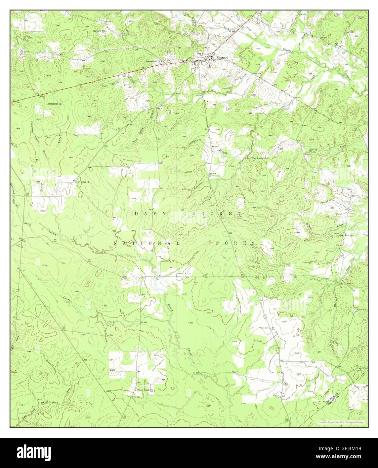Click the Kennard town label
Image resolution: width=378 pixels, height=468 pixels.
tap(222, 58)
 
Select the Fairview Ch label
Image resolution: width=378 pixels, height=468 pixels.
tap(99, 31)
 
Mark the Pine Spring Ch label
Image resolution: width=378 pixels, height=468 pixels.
tap(259, 158)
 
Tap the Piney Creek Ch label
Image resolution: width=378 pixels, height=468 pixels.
tap(145, 390)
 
